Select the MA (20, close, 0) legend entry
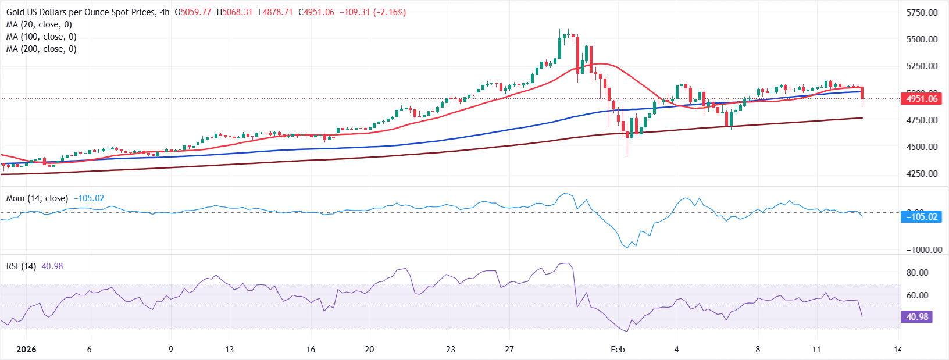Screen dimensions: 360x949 (x=39, y=24)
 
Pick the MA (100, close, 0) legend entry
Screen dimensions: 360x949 (x=41, y=37)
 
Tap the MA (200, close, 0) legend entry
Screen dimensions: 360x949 (x=41, y=49)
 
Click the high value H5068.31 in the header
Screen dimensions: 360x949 (x=234, y=12)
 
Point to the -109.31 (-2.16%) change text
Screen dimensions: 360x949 (x=373, y=12)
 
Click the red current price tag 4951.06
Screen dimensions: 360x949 (x=922, y=99)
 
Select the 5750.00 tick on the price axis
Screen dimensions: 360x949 (x=922, y=13)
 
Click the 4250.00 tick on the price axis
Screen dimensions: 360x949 (x=922, y=174)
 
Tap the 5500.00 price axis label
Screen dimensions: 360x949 (x=922, y=40)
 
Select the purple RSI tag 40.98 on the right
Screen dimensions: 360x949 (x=917, y=317)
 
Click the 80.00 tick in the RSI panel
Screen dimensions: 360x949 (x=917, y=273)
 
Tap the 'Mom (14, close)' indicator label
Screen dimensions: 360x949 (x=37, y=198)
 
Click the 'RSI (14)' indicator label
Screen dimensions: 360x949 (x=21, y=266)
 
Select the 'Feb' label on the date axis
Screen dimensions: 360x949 (x=618, y=350)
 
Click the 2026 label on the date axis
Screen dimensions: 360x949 (x=26, y=350)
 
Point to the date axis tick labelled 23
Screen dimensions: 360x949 (x=451, y=350)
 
